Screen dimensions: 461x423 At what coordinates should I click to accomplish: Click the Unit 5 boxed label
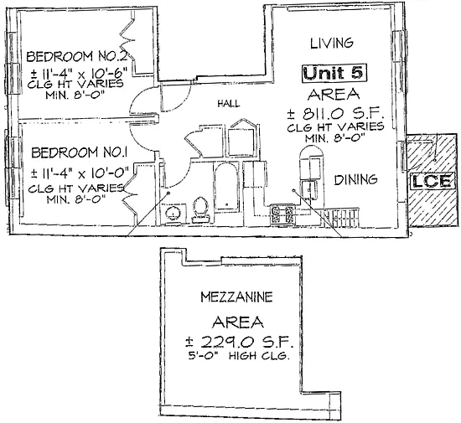coord(334,73)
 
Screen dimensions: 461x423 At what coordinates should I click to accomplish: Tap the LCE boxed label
coord(432,181)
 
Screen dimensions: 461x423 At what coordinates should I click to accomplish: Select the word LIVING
coord(332,44)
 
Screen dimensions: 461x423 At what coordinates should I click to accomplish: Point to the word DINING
coord(355,179)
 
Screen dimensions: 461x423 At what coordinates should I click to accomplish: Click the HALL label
coord(229,103)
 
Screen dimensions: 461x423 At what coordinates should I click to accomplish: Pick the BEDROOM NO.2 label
coord(77,56)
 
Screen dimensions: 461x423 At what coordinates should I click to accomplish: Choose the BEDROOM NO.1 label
coord(79,152)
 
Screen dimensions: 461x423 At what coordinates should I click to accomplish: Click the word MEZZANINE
coord(236,297)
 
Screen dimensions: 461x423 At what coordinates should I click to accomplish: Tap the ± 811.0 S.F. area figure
coord(335,113)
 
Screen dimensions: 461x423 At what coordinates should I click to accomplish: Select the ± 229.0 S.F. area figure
coord(239,342)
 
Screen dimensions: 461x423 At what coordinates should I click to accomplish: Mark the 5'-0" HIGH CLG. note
coord(238,356)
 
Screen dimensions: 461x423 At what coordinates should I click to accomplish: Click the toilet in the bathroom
coord(201,209)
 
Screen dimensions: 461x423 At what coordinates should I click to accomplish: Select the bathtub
coord(225,188)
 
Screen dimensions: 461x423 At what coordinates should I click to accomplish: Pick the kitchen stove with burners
coord(282,214)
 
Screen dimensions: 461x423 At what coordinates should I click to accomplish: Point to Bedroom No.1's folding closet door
coord(130,193)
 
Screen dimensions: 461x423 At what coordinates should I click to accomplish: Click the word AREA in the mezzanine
coord(238,322)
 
